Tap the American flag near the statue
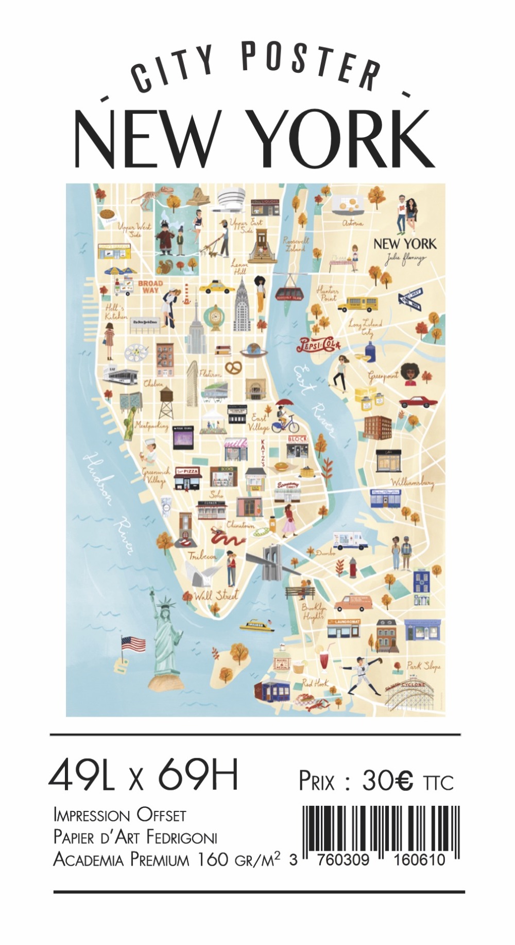tap(133, 644)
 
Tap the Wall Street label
tap(216, 595)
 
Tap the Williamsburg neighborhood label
tap(412, 483)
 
